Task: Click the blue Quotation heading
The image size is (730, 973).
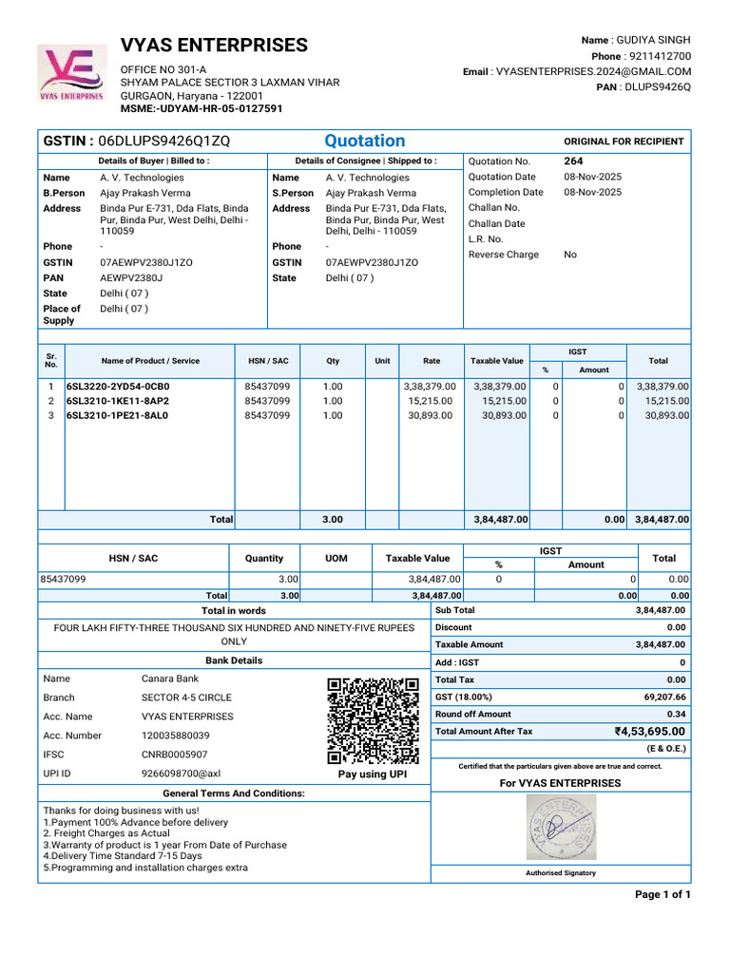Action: [365, 141]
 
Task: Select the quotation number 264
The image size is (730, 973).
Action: [573, 162]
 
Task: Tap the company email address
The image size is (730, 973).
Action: [593, 71]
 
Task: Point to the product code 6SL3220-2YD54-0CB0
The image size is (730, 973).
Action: [118, 387]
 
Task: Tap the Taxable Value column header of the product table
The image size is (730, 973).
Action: [497, 361]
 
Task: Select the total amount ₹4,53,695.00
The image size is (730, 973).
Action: [649, 732]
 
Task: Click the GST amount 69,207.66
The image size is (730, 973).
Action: [664, 696]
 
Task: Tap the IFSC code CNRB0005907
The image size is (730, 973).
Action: [176, 754]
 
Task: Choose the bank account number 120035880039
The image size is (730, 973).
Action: [176, 735]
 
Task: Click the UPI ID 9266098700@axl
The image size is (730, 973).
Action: [181, 773]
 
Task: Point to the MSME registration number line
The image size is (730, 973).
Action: [201, 108]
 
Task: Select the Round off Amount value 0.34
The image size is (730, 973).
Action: [676, 714]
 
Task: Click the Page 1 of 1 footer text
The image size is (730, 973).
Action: [663, 895]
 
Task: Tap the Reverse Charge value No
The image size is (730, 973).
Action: [570, 255]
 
